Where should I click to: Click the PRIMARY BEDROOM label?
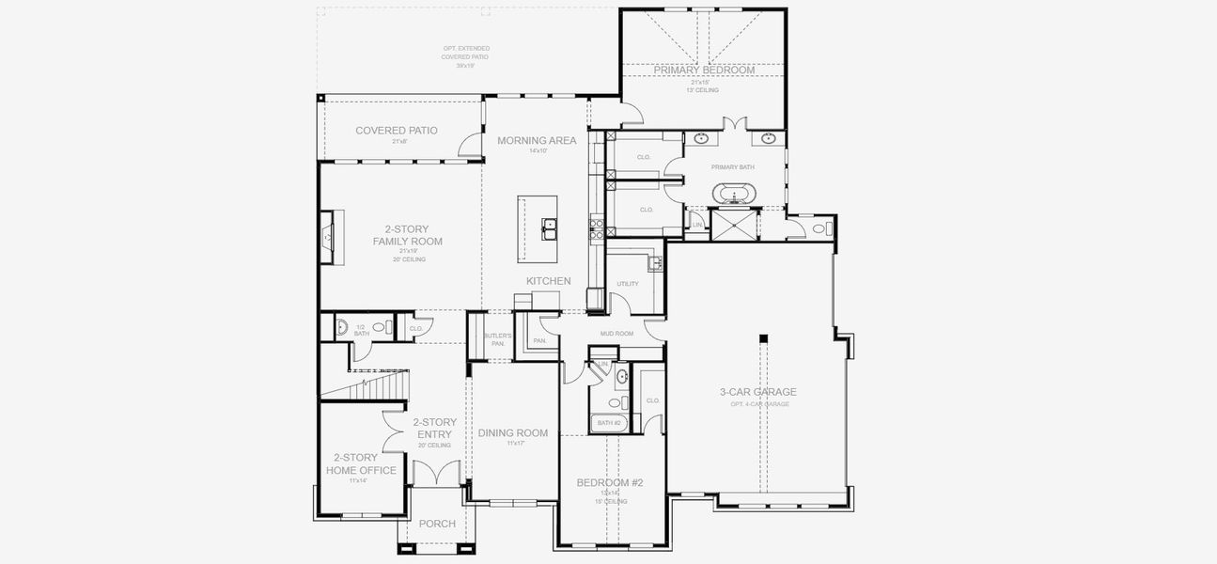click(x=704, y=70)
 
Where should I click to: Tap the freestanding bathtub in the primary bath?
click(x=733, y=196)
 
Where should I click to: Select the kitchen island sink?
click(x=549, y=226)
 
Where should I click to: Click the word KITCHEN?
click(x=548, y=281)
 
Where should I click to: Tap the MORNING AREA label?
click(x=537, y=141)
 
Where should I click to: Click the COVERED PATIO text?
click(x=396, y=131)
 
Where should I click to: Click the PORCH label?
click(x=437, y=524)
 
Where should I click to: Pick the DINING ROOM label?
click(x=513, y=433)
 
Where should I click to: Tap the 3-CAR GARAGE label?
click(x=757, y=392)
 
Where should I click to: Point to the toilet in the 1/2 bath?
click(x=379, y=328)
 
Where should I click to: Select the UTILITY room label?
click(x=628, y=284)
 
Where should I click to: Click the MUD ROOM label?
click(x=616, y=334)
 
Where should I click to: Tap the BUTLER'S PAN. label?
click(x=497, y=339)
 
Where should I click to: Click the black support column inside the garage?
click(x=764, y=338)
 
